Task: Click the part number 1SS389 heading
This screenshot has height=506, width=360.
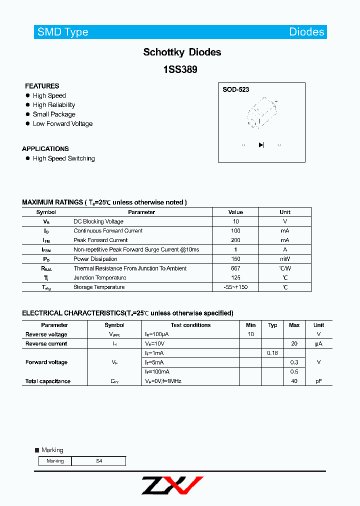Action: click(180, 70)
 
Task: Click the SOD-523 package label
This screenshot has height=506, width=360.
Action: click(236, 90)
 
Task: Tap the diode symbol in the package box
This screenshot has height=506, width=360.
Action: click(261, 145)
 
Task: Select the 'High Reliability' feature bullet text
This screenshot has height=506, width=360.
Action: click(54, 105)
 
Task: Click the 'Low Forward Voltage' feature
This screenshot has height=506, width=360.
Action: click(62, 124)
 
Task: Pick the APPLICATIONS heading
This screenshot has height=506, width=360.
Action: click(45, 149)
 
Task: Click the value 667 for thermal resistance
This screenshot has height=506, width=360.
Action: click(235, 268)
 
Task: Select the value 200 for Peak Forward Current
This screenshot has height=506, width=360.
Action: click(235, 240)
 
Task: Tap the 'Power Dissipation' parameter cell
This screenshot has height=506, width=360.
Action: click(95, 259)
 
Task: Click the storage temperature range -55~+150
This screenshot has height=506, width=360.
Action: click(235, 287)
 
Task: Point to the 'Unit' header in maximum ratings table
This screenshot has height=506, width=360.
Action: click(285, 212)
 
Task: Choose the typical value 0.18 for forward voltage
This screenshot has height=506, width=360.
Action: click(272, 353)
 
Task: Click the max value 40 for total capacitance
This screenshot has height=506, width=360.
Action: click(294, 381)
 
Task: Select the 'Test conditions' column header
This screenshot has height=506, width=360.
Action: click(191, 325)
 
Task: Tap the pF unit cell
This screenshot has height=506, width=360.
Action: click(318, 381)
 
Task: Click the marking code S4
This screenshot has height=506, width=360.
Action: click(99, 461)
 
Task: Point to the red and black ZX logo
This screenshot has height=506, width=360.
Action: click(172, 485)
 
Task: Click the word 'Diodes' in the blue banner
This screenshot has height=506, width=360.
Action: click(306, 32)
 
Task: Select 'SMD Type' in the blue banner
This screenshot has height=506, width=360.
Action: click(63, 32)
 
